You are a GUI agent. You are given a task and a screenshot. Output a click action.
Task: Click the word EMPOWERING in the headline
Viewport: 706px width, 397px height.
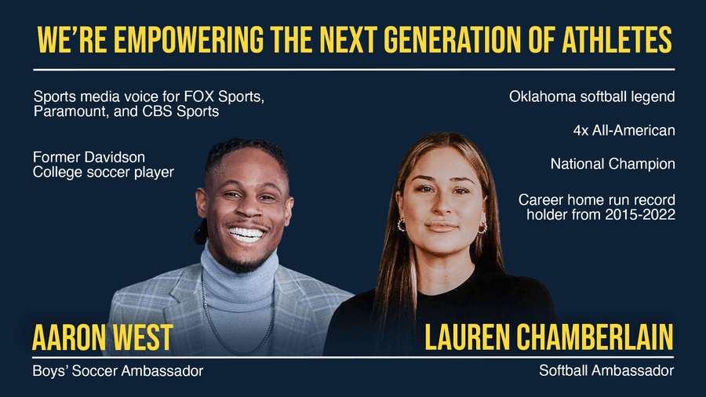coord(188,39)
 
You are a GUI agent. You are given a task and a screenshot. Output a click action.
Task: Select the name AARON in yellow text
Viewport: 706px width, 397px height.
coord(68,337)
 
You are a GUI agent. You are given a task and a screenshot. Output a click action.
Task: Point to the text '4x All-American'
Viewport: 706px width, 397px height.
coord(624,130)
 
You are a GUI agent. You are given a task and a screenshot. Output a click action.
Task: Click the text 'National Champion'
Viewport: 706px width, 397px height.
coord(613,164)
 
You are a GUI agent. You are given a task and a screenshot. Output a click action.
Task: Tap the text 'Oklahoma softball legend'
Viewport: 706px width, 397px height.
coord(592,97)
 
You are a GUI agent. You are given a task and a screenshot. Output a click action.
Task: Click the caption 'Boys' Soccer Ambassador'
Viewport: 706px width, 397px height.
coord(118,371)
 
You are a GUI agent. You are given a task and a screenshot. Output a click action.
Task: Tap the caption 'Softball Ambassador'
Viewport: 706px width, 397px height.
coord(606,370)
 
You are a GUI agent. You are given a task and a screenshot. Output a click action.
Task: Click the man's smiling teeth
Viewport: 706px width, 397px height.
coord(246,234)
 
